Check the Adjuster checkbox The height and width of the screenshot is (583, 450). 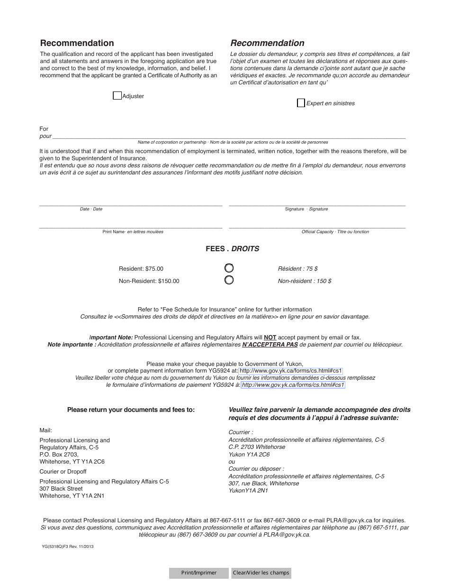(x=117, y=96)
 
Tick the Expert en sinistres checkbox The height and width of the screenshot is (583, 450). (x=301, y=103)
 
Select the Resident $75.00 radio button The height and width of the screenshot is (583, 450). (x=229, y=268)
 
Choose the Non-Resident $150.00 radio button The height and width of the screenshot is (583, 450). (x=229, y=280)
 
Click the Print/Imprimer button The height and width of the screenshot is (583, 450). (x=199, y=573)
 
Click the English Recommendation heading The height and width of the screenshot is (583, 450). (x=77, y=43)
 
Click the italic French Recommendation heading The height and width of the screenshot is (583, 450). (x=267, y=43)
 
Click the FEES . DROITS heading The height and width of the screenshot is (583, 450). (x=232, y=248)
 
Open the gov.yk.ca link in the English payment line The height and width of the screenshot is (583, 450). (x=290, y=371)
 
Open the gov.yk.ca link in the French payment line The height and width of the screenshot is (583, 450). (x=293, y=385)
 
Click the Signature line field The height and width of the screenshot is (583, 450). (x=317, y=202)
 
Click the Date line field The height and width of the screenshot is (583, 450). (x=130, y=202)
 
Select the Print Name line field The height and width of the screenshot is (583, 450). (x=130, y=225)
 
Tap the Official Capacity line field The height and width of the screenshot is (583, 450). (x=317, y=225)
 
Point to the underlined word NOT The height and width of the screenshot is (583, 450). (x=270, y=337)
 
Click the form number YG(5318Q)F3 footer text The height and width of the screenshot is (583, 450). (x=68, y=547)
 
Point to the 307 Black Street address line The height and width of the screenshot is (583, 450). (x=61, y=489)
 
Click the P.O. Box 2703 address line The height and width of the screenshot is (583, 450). (x=59, y=455)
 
